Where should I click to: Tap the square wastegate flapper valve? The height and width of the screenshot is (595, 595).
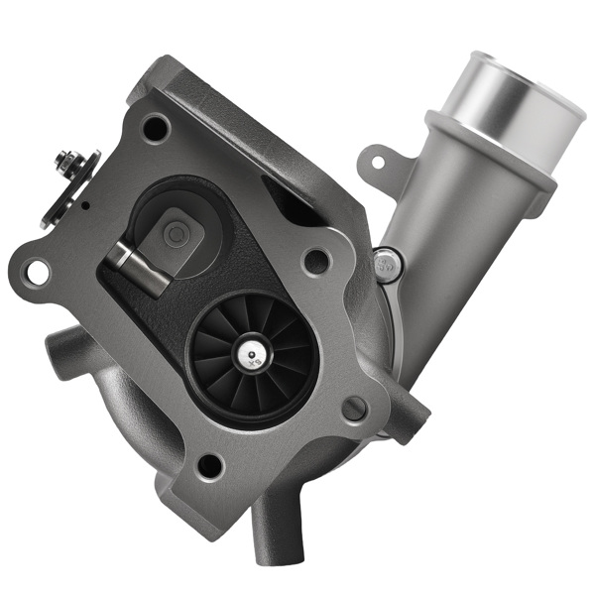[x=181, y=234]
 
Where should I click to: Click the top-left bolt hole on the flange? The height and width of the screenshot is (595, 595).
[x=155, y=127]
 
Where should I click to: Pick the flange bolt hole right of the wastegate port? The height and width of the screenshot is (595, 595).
[x=316, y=261]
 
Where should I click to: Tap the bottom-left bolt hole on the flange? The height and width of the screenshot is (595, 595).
[x=210, y=464]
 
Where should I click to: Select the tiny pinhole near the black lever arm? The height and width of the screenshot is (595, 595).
[x=86, y=205]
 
